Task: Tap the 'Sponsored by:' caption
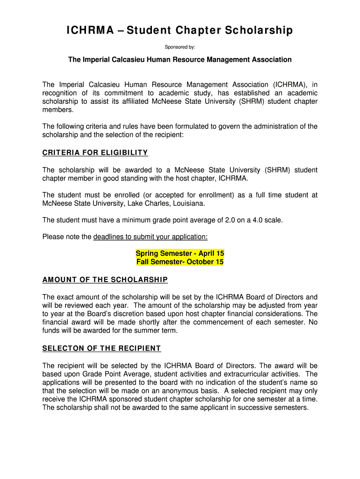point(180,47)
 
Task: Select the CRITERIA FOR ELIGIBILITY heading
point(95,152)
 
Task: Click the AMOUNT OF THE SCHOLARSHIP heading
point(105,280)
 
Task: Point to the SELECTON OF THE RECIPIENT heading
point(101,348)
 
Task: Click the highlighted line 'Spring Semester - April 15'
point(180,253)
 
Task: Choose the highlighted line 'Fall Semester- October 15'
point(180,261)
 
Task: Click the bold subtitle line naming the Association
point(180,60)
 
